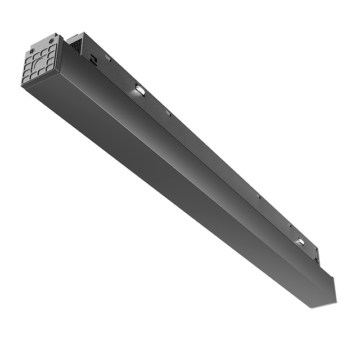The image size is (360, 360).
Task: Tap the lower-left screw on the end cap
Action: click(25, 81)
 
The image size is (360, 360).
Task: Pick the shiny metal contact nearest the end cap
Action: click(139, 90)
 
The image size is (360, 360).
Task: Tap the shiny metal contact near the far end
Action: click(300, 242)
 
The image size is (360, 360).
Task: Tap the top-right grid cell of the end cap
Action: click(52, 47)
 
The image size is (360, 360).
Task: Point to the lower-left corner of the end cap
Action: click(22, 84)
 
